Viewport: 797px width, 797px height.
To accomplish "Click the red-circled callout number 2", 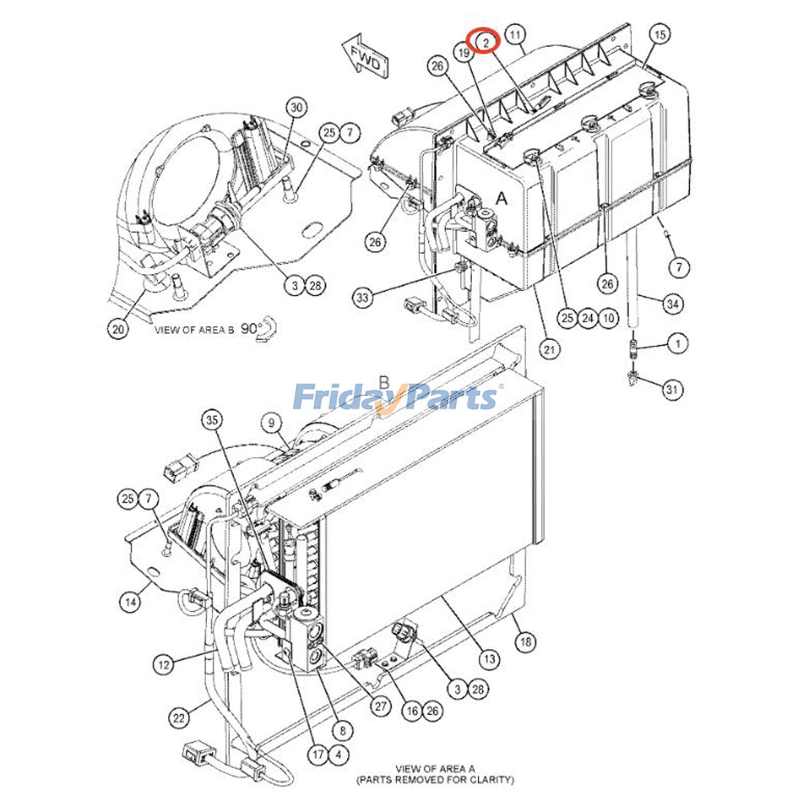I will tap(486, 41).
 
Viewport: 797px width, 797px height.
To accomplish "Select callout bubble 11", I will tap(516, 35).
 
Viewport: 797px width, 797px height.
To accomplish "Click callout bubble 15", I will tap(660, 35).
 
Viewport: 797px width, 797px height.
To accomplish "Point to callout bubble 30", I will tap(296, 108).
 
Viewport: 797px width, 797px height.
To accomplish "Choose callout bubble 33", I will tap(363, 298).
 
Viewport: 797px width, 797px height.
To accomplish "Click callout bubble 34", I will tap(672, 303).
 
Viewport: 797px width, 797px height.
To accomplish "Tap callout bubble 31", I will tap(672, 389).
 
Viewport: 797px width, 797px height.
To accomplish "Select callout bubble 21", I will tap(549, 350).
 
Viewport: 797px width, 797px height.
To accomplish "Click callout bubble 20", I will tap(118, 329).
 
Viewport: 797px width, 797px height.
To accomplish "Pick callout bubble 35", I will tap(212, 420).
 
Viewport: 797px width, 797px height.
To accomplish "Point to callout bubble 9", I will tap(271, 424).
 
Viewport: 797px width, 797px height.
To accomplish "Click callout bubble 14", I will tap(130, 602).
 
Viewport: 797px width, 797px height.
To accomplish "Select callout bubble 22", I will tap(178, 718).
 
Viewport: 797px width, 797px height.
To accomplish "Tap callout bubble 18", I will tap(526, 642).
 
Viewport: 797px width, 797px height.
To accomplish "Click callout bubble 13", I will tap(489, 659).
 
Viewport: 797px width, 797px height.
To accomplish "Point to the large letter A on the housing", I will tap(502, 199).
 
